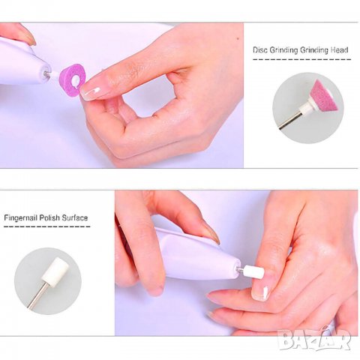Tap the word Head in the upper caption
coord(339,50)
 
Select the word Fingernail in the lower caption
coord(20,217)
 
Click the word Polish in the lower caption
coord(49,217)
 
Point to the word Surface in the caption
coord(75,217)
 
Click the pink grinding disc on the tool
coord(72,80)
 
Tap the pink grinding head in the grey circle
coord(324,95)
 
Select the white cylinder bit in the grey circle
coord(55,270)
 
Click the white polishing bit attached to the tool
coord(253,271)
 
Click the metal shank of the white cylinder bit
coord(37,295)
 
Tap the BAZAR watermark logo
coord(315,339)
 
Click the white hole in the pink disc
coord(75,80)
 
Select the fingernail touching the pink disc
coord(91,92)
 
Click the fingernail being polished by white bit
coord(260,291)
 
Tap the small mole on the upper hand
coord(238,39)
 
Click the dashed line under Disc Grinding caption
coord(301,59)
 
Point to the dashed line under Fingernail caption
coord(47,226)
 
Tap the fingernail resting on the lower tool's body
coord(211,233)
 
